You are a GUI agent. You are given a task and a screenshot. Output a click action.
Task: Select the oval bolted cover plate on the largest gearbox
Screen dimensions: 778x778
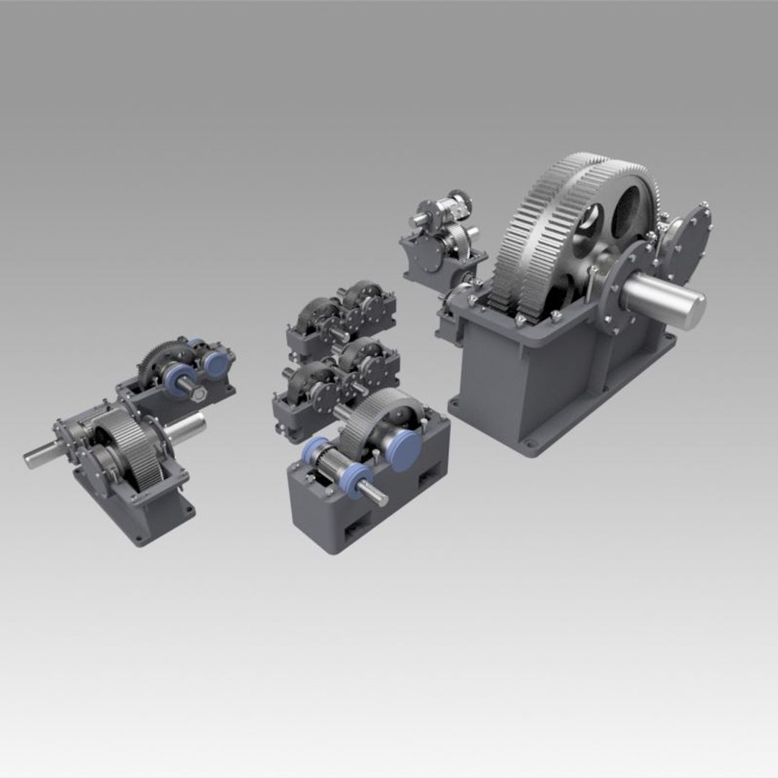688,241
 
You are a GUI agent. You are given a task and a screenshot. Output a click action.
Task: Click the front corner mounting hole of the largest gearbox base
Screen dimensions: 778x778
531,444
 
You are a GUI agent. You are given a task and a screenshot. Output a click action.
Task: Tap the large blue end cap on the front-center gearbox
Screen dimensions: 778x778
406,450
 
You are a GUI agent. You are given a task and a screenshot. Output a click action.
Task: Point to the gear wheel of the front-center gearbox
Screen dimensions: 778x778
375,421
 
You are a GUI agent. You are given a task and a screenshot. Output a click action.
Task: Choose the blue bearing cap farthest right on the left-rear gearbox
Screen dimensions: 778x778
215,363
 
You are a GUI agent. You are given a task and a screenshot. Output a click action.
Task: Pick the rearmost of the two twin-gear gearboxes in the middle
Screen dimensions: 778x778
342,317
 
